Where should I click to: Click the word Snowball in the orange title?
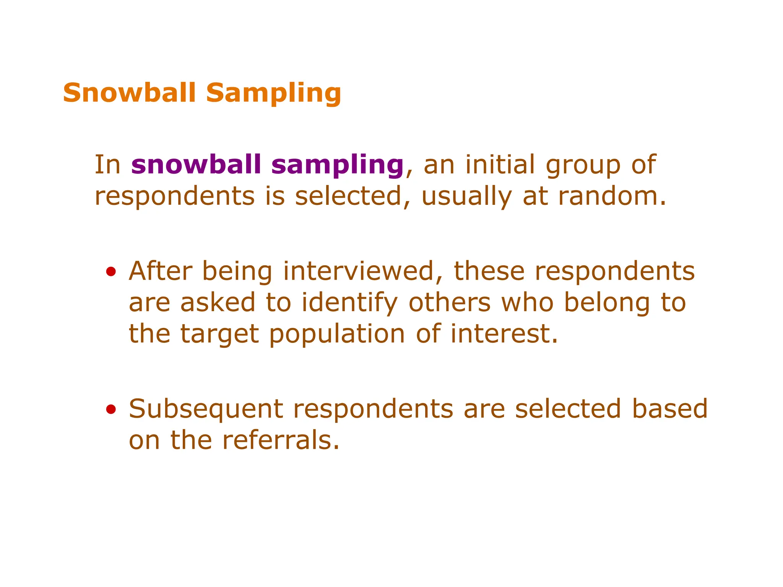(130, 93)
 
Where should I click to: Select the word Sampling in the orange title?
(273, 94)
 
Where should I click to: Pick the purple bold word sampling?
(338, 165)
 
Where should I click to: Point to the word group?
(583, 165)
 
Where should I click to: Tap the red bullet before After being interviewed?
(111, 272)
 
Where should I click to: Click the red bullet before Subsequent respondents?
(111, 410)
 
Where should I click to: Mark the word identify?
(349, 303)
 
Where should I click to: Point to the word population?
(337, 334)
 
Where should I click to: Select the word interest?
(504, 334)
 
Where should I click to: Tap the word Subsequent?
(206, 410)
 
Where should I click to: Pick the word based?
(669, 409)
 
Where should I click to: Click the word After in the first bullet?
(161, 271)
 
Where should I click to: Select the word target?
(219, 334)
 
